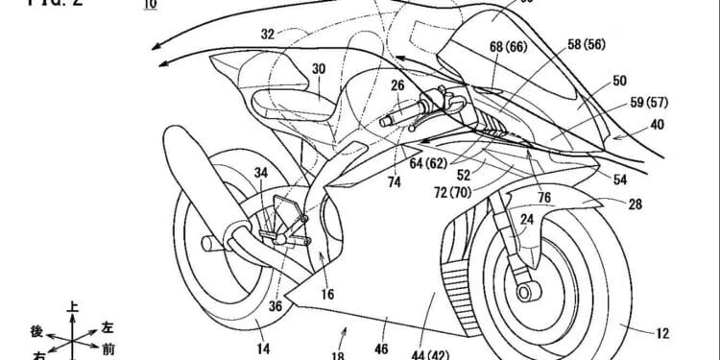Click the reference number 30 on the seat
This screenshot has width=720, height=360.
click(x=319, y=69)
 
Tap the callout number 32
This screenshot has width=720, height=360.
click(x=269, y=34)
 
